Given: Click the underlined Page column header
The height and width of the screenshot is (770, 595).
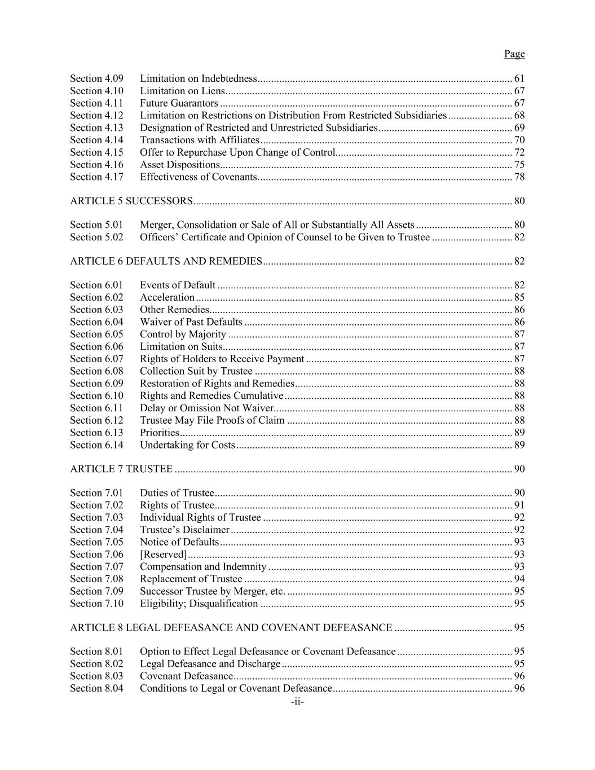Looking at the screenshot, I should (x=514, y=54).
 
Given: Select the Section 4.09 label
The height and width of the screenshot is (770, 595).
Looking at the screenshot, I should (x=96, y=78).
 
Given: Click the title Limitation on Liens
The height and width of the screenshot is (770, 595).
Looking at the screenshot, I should (x=182, y=91).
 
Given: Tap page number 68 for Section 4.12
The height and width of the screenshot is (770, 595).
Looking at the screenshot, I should (x=519, y=116).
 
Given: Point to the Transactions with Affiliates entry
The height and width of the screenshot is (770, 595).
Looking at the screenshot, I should (x=199, y=140).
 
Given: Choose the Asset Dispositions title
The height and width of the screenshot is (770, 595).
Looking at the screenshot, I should (x=179, y=165).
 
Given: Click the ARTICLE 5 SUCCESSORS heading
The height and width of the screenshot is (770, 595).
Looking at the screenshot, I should (x=131, y=201).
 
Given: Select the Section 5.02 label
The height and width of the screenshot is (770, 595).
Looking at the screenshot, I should (x=96, y=237).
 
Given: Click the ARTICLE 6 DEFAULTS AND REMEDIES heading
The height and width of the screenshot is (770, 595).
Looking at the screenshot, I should (x=166, y=261).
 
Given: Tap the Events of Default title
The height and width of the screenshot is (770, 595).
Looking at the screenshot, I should (x=177, y=285).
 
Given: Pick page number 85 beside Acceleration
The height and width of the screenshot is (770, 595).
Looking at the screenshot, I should (x=519, y=297).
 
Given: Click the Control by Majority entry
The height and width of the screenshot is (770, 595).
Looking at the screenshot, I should (x=182, y=335).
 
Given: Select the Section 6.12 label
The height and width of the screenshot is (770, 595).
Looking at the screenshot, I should (x=96, y=420).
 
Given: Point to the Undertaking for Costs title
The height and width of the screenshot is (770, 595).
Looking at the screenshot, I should (x=187, y=445).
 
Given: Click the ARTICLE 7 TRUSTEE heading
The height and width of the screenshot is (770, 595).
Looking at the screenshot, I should (x=121, y=469).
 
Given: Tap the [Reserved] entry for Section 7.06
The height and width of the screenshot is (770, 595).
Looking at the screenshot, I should (x=163, y=555).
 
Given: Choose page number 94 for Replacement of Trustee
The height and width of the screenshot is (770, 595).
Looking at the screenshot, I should (x=519, y=579).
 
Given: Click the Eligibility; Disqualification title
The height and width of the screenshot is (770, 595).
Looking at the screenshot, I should (x=199, y=604).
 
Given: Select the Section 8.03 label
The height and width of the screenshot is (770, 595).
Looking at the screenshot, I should (x=96, y=676).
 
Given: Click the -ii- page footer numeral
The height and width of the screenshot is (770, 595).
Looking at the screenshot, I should (x=297, y=702).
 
